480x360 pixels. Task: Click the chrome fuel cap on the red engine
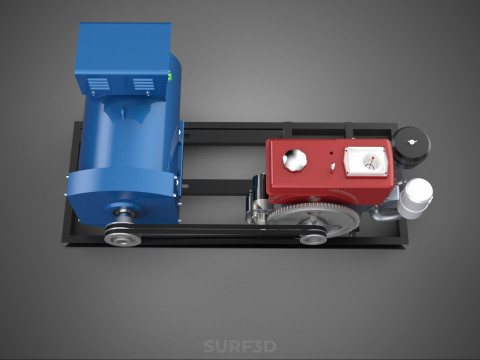pyautogui.click(x=295, y=160)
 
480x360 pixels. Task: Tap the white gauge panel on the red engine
pyautogui.click(x=366, y=161)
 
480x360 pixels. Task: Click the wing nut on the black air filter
pyautogui.click(x=412, y=142)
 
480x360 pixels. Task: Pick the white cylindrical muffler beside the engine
pyautogui.click(x=415, y=198)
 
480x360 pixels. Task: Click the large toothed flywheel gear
pyautogui.click(x=313, y=218)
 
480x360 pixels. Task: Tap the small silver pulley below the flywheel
pyautogui.click(x=313, y=239)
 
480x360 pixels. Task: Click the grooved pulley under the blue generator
pyautogui.click(x=122, y=235)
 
